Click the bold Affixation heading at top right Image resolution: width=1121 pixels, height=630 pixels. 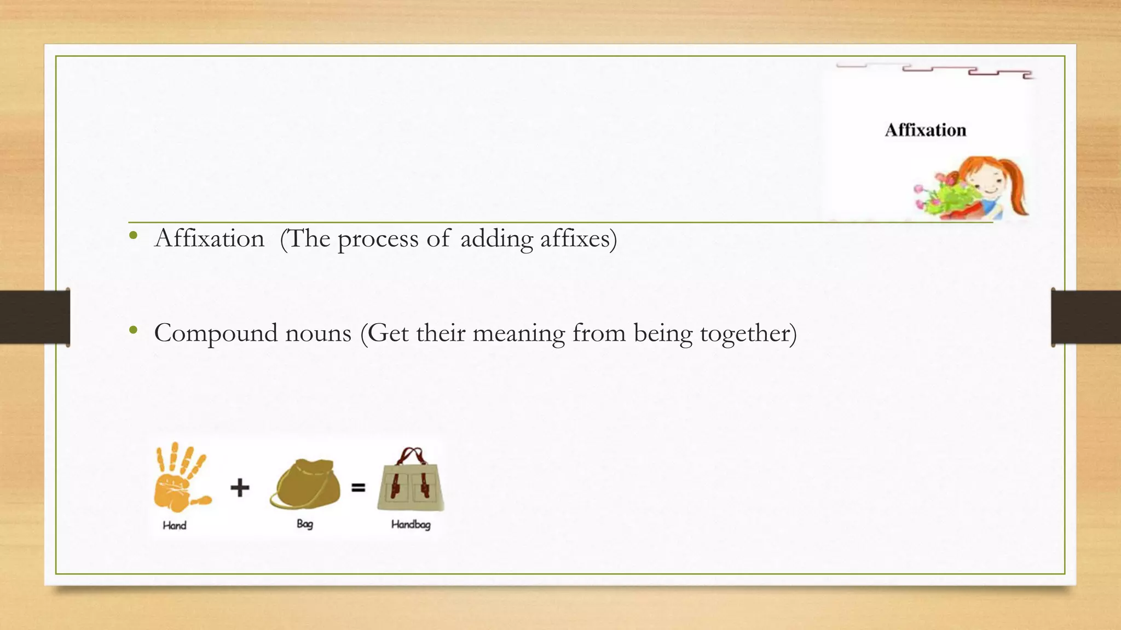(925, 130)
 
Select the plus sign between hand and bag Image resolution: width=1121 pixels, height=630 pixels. (240, 487)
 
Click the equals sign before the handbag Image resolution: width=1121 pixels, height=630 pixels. (358, 487)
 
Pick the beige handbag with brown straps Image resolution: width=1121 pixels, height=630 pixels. (411, 481)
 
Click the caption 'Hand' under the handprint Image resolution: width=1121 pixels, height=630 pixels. (175, 526)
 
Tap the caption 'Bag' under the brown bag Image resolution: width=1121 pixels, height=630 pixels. (305, 524)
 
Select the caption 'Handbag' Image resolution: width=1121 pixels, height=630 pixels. (411, 524)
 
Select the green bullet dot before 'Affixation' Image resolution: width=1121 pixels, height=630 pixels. (133, 236)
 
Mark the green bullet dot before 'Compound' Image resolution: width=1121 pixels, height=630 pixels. (133, 330)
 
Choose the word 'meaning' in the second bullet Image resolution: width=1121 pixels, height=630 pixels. (518, 334)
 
